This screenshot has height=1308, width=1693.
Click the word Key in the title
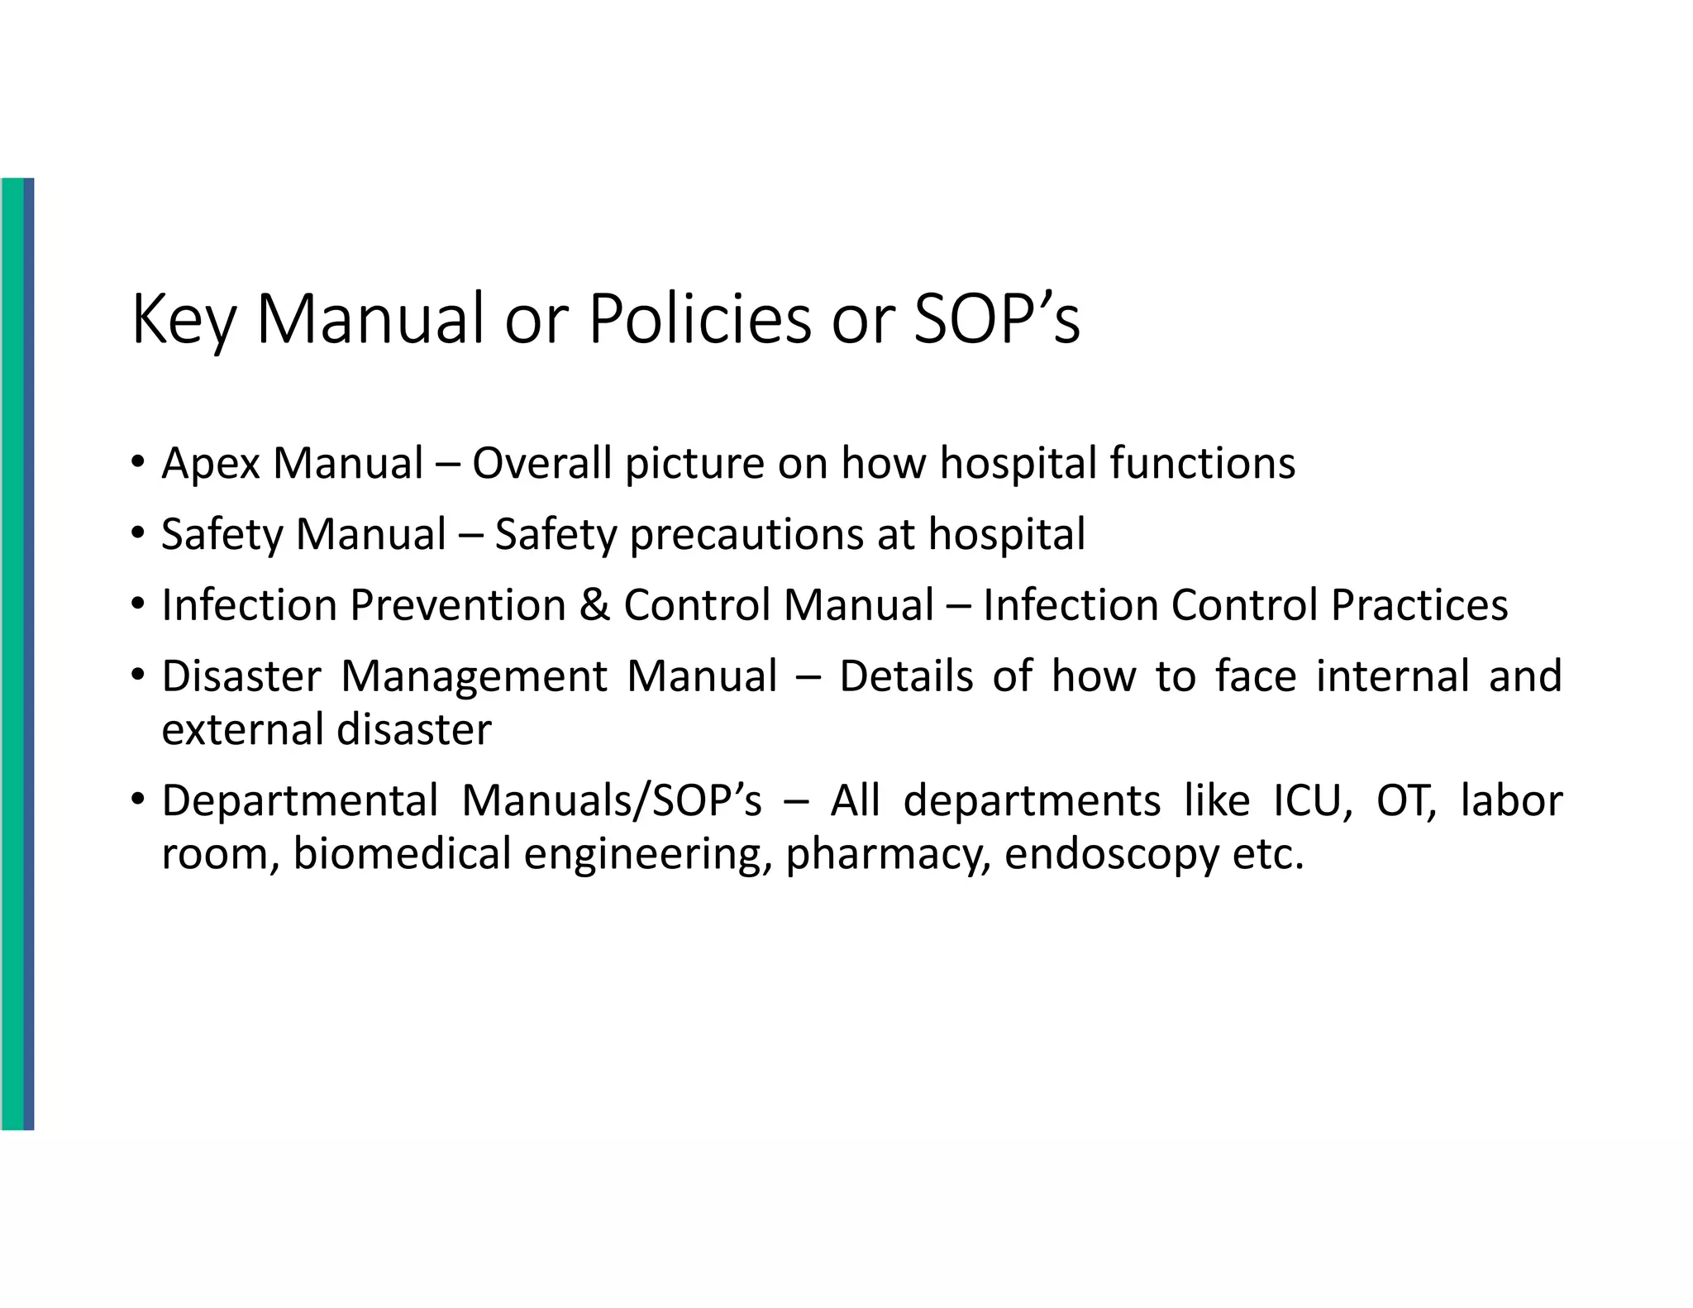pos(184,321)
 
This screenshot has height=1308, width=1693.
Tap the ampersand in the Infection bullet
pos(594,605)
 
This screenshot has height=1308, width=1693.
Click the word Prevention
pos(457,605)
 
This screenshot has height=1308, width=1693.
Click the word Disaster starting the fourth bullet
pos(241,676)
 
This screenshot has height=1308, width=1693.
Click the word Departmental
pos(299,802)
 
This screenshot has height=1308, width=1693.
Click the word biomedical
pos(402,855)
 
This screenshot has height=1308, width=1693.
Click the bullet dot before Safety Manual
pos(138,532)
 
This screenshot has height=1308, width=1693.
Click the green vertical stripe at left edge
pos(12,653)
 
